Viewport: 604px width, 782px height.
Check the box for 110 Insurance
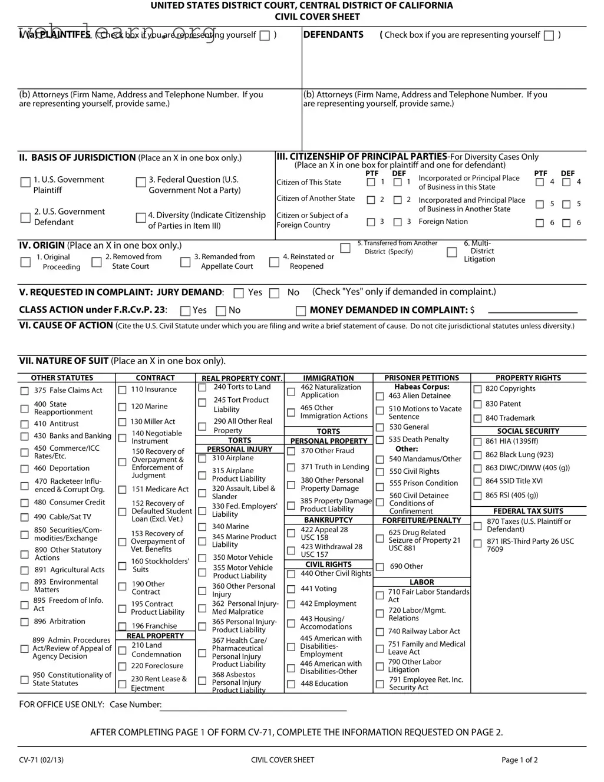pos(123,390)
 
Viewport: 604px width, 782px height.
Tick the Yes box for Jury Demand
pos(239,293)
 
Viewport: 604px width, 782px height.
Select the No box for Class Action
pos(221,311)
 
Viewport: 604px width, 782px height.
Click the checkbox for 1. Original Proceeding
pos(25,262)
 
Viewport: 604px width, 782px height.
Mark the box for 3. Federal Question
pos(141,183)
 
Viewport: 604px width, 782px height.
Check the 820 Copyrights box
pos(478,389)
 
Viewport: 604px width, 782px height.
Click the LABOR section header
pos(421,582)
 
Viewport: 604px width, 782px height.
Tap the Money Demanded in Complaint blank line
pos(532,311)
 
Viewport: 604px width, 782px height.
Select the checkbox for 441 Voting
pos(291,589)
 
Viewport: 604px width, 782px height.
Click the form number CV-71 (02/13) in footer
pos(41,760)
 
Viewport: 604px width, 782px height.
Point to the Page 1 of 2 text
pos(519,760)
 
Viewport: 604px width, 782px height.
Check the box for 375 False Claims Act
pos(24,391)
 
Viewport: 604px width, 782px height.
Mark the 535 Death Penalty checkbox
pos(380,440)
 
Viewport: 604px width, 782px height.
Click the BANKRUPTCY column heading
pos(328,520)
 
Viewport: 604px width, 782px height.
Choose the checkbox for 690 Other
pos(380,567)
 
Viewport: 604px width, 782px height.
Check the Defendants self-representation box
pos(549,35)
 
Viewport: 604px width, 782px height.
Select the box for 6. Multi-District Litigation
pos(452,252)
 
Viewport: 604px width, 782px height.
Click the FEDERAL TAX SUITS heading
pos(528,511)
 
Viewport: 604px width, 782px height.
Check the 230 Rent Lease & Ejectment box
pos(123,684)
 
